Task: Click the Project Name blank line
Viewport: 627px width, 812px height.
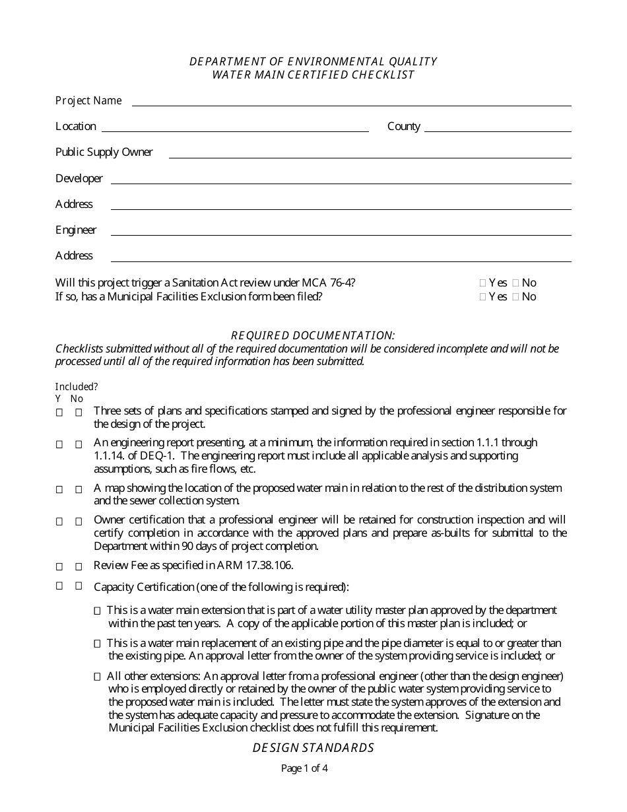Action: tap(351, 102)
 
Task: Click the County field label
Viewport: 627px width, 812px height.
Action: tap(403, 126)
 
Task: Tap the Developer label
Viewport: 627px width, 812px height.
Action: tap(79, 178)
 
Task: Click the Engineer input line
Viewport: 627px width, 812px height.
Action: tap(340, 232)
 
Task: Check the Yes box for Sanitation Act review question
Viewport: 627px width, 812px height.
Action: tap(482, 283)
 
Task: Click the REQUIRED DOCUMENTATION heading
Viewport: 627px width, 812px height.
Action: tap(313, 335)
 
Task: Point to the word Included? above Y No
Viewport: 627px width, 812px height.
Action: tap(76, 387)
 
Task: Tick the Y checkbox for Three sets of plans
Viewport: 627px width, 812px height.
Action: tap(59, 413)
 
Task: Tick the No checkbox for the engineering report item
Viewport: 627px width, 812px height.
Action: tap(79, 444)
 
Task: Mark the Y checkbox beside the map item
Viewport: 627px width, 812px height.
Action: tap(59, 490)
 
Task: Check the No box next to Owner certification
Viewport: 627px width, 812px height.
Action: tap(79, 522)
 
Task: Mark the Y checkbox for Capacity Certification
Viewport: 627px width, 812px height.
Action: tap(59, 586)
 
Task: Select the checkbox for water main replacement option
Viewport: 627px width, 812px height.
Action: tap(98, 643)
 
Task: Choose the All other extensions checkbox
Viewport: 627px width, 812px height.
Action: tap(98, 677)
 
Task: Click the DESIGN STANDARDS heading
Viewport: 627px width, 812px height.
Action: tap(313, 748)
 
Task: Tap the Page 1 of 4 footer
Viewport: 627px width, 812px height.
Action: tap(304, 768)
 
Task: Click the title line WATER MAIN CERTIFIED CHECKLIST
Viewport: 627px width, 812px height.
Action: tap(313, 75)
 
